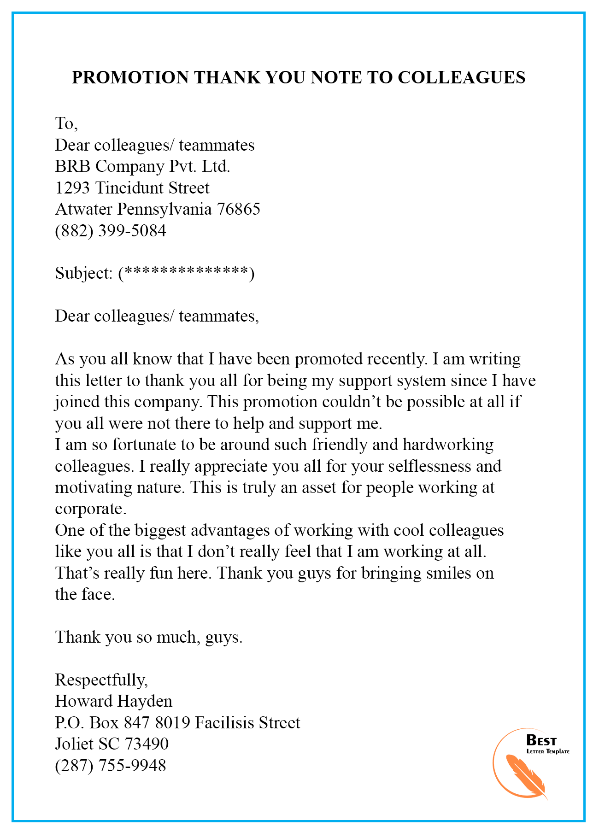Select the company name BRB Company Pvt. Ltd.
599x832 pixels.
(142, 166)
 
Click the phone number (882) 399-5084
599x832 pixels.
(111, 230)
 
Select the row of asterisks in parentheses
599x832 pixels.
(186, 273)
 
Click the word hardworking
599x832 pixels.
(448, 445)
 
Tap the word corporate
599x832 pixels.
(90, 509)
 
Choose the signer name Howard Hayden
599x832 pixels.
(113, 701)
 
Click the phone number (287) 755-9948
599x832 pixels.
(111, 766)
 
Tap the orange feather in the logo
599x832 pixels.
(525, 776)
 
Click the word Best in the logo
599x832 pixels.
(541, 741)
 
